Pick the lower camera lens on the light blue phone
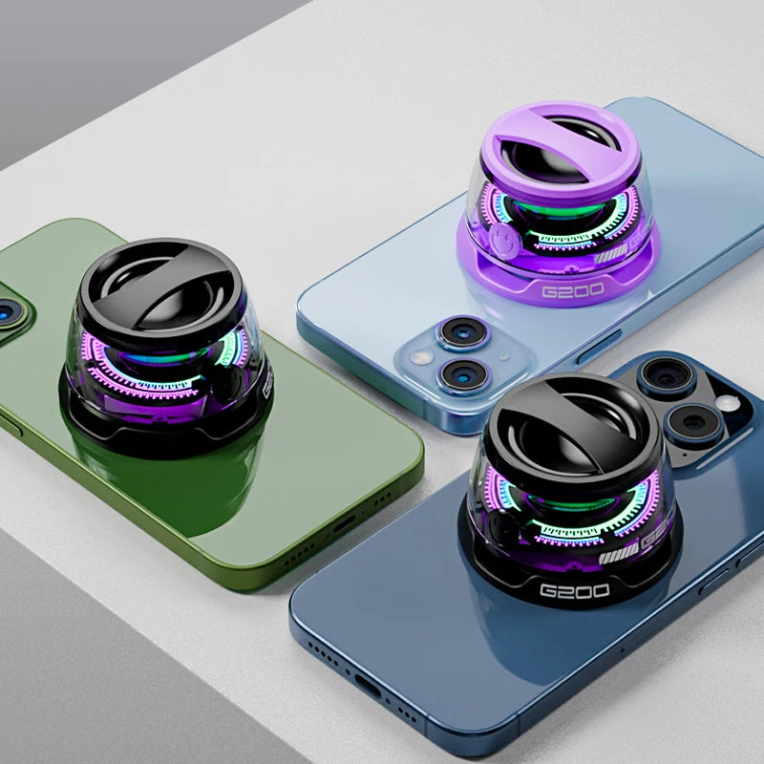pyautogui.click(x=464, y=374)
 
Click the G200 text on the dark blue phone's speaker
pyautogui.click(x=574, y=590)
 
